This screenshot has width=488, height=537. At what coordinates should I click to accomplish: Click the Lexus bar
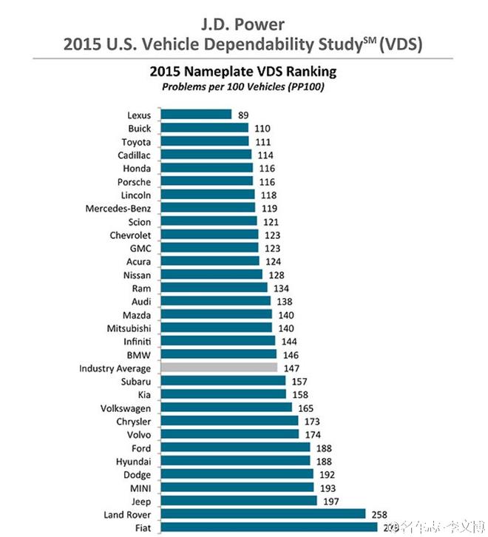click(x=196, y=115)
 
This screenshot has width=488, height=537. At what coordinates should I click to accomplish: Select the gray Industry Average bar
click(x=219, y=368)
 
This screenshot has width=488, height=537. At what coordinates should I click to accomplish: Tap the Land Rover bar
click(x=263, y=514)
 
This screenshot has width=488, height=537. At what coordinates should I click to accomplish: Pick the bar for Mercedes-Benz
click(x=208, y=208)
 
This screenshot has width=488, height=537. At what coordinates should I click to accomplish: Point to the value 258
click(x=381, y=514)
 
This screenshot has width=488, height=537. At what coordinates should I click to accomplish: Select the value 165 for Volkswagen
click(x=305, y=408)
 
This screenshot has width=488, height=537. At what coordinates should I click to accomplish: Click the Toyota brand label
click(x=136, y=142)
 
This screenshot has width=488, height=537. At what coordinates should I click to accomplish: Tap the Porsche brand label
click(x=134, y=182)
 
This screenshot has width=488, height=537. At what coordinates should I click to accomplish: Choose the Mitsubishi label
click(x=129, y=328)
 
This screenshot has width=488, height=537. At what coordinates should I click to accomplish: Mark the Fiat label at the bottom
click(x=141, y=527)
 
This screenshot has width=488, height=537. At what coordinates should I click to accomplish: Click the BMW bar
click(x=218, y=354)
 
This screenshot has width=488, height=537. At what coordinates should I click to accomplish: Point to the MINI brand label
click(x=138, y=487)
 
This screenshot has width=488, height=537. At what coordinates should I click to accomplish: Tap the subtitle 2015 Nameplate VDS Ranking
click(x=243, y=72)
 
